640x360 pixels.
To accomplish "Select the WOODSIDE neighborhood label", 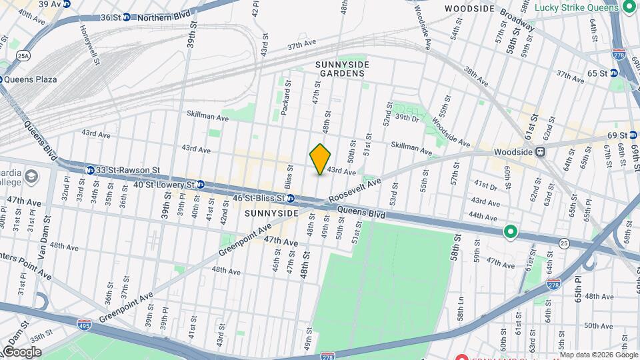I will [x=469, y=9].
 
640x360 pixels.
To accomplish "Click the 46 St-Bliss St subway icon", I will [x=291, y=198].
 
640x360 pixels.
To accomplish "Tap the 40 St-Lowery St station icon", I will [x=200, y=185].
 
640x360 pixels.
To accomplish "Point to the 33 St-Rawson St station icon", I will [x=89, y=170].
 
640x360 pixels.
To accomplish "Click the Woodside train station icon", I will [x=541, y=152].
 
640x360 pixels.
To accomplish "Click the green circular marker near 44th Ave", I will [x=511, y=232].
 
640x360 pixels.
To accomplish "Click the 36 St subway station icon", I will [x=127, y=17].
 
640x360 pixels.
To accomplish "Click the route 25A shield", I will [x=24, y=56].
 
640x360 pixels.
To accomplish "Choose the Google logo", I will [x=21, y=351].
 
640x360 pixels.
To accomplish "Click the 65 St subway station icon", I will [x=614, y=73].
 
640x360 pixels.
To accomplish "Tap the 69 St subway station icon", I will [x=633, y=136].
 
